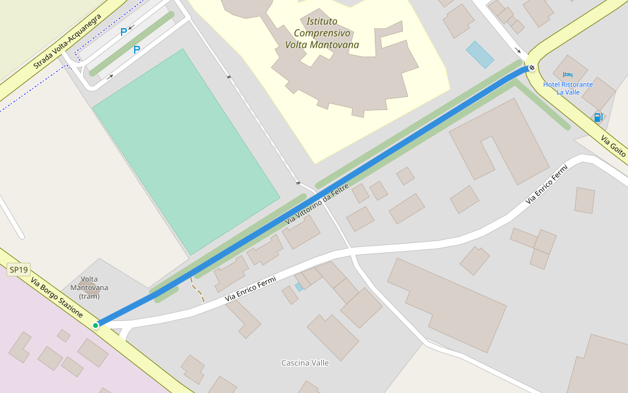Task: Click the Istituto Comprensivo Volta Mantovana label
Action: point(323,33)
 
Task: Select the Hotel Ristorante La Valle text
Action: point(568,88)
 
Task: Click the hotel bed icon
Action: point(567,75)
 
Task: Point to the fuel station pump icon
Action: point(598,117)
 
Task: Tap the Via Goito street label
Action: point(614,148)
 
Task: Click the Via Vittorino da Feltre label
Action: point(317,206)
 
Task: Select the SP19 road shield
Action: point(18,270)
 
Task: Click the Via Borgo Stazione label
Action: point(56,297)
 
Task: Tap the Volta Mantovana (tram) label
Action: point(88,288)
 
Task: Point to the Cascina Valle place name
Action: point(305,363)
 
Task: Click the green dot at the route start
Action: point(96,325)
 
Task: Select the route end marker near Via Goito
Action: point(532,67)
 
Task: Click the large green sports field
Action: point(186,150)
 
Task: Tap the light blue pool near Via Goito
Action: point(480,54)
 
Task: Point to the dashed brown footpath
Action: point(197,290)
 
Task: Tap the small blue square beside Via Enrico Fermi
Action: point(299,287)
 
